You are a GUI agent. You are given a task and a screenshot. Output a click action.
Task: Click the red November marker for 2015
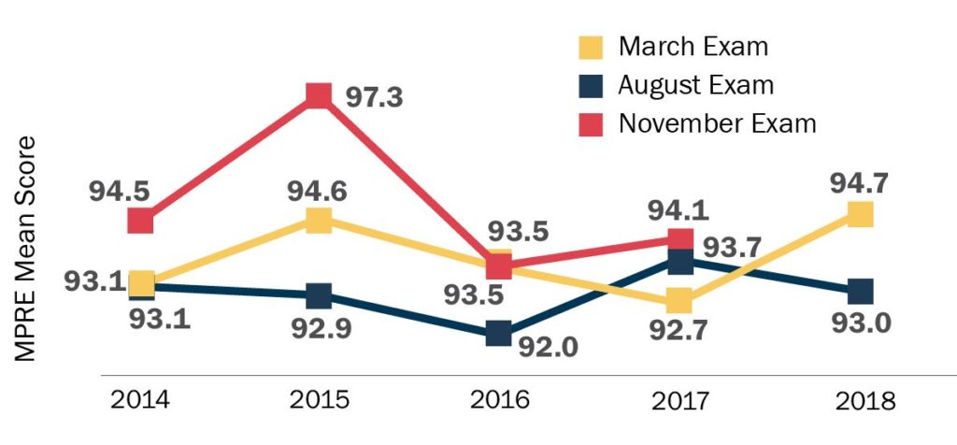pyautogui.click(x=319, y=94)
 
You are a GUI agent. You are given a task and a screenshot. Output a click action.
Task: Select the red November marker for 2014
pyautogui.click(x=140, y=221)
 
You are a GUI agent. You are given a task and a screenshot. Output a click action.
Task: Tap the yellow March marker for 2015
pyautogui.click(x=319, y=220)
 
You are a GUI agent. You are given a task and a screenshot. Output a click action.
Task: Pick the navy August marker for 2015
pyautogui.click(x=319, y=295)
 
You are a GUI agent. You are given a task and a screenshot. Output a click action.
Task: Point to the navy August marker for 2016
pyautogui.click(x=499, y=333)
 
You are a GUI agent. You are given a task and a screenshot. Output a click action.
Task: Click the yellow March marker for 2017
pyautogui.click(x=679, y=301)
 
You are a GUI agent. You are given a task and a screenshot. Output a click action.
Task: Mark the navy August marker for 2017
pyautogui.click(x=680, y=262)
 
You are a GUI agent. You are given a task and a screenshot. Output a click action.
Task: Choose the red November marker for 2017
pyautogui.click(x=680, y=239)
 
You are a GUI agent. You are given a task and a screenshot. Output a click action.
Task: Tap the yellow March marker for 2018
pyautogui.click(x=860, y=215)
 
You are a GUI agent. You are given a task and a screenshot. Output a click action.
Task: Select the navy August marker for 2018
pyautogui.click(x=860, y=291)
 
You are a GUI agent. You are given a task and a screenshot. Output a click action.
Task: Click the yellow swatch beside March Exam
pyautogui.click(x=591, y=47)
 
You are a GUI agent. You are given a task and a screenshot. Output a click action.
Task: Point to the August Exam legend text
pyautogui.click(x=696, y=85)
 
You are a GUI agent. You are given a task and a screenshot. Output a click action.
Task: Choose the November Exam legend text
pyautogui.click(x=718, y=123)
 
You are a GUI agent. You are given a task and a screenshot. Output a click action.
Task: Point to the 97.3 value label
pyautogui.click(x=374, y=96)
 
